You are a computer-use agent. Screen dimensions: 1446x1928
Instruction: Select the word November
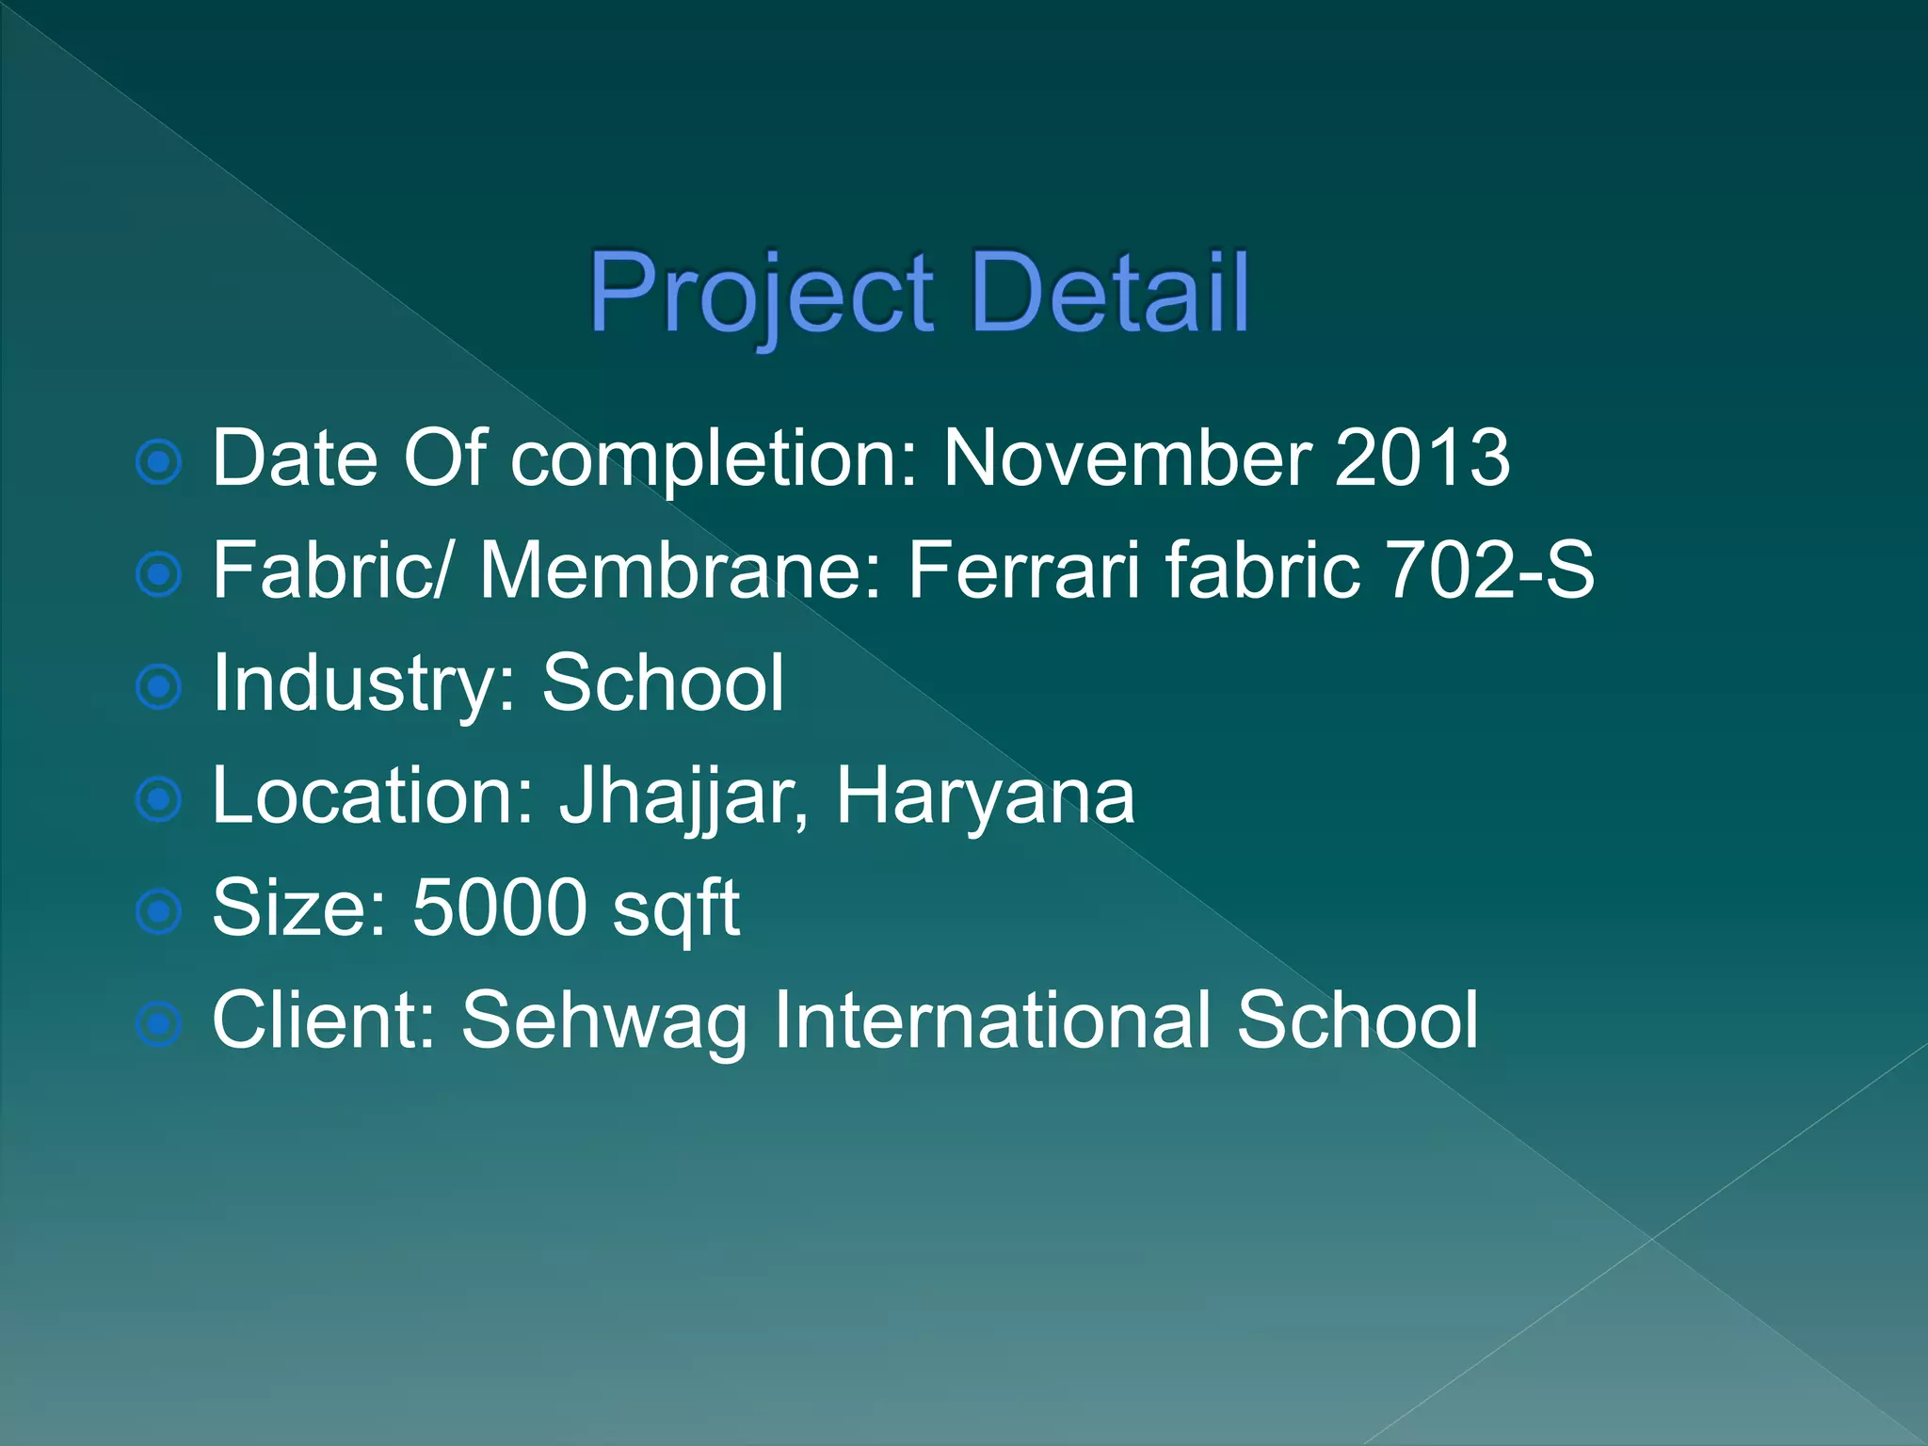[x=1127, y=458]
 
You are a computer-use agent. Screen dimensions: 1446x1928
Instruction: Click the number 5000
[x=500, y=908]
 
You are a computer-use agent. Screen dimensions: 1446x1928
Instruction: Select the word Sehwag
[x=603, y=1021]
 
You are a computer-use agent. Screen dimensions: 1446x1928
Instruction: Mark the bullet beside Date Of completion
[x=159, y=462]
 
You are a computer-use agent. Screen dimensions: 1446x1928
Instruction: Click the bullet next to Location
[x=159, y=799]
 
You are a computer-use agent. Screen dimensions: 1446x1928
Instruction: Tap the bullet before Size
[x=159, y=911]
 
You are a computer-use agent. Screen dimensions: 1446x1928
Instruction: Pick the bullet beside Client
[x=159, y=1023]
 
